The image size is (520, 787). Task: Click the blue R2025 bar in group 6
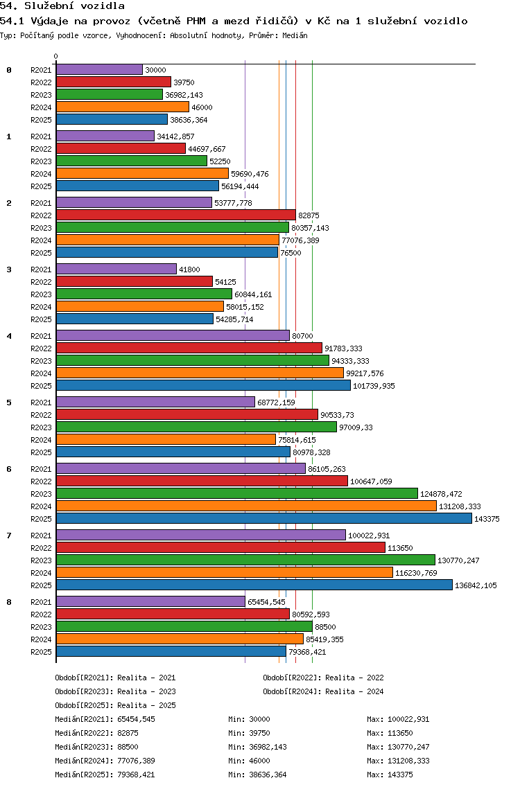tap(264, 518)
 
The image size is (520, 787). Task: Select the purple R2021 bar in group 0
tap(99, 70)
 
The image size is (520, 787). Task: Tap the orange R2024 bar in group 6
tap(246, 506)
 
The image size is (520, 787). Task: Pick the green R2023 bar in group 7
tap(245, 560)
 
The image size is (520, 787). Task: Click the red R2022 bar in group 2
tap(176, 215)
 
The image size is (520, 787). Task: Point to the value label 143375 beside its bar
tap(487, 519)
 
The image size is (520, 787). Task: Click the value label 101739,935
tap(374, 386)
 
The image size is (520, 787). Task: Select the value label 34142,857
tap(176, 136)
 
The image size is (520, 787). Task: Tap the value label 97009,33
tap(356, 427)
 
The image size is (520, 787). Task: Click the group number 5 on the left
tap(9, 403)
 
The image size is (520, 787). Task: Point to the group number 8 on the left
tap(9, 602)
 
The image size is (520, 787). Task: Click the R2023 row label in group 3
tap(41, 294)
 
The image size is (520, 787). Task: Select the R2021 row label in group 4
tap(41, 336)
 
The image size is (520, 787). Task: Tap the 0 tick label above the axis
tap(55, 56)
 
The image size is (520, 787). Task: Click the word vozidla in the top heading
tap(103, 6)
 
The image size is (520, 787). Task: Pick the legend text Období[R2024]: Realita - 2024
tap(323, 691)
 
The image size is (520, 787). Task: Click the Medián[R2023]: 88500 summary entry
tap(96, 747)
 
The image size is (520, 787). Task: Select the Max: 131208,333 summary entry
tap(398, 761)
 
